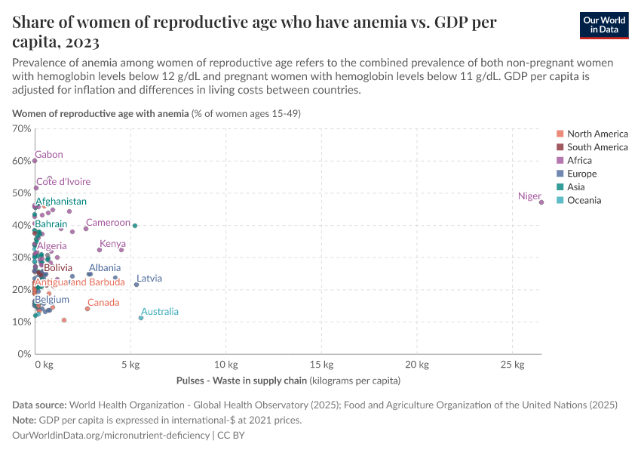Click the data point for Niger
click(541, 202)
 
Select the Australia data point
click(141, 318)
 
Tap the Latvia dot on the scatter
click(136, 285)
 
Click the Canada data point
click(87, 309)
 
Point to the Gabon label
click(49, 155)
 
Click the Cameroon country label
click(108, 223)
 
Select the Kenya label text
click(112, 244)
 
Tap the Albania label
click(104, 268)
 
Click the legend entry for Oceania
click(584, 200)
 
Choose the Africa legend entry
click(579, 160)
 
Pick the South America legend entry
click(597, 147)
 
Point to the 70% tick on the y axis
click(21, 128)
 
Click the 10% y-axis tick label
click(21, 322)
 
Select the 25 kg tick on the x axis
click(513, 365)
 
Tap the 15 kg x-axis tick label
click(322, 365)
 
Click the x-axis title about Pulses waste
click(288, 381)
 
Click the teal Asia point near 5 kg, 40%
click(135, 226)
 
